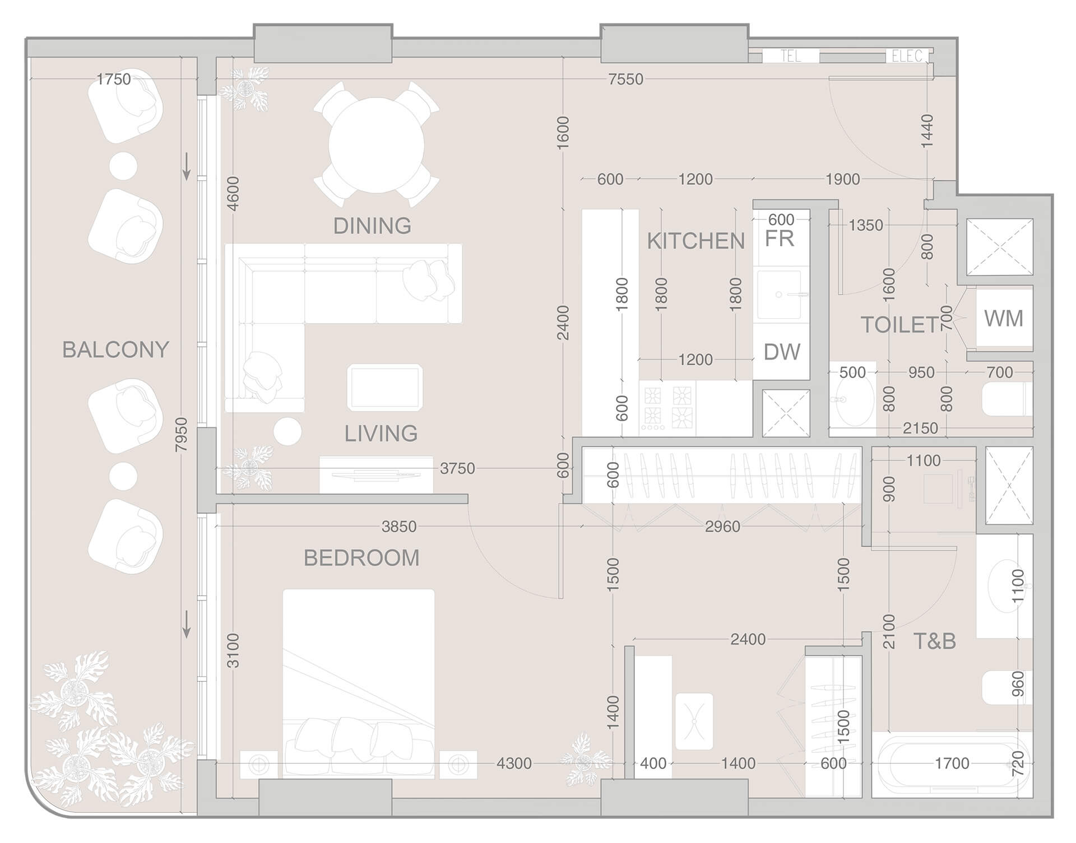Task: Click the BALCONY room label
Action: click(115, 350)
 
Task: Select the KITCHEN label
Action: click(695, 241)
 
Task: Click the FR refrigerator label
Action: click(780, 239)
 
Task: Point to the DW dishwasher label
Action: click(782, 352)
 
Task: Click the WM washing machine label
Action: click(1004, 319)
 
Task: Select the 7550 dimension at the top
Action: click(625, 80)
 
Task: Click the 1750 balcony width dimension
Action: click(114, 79)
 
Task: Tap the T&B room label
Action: click(934, 641)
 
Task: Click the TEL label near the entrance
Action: click(790, 56)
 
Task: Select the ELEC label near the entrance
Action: click(906, 56)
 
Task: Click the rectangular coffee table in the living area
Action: click(384, 387)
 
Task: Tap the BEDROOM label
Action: click(361, 558)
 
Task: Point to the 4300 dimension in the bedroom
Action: click(514, 763)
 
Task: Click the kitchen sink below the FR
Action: click(780, 295)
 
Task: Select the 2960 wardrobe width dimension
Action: click(722, 527)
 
